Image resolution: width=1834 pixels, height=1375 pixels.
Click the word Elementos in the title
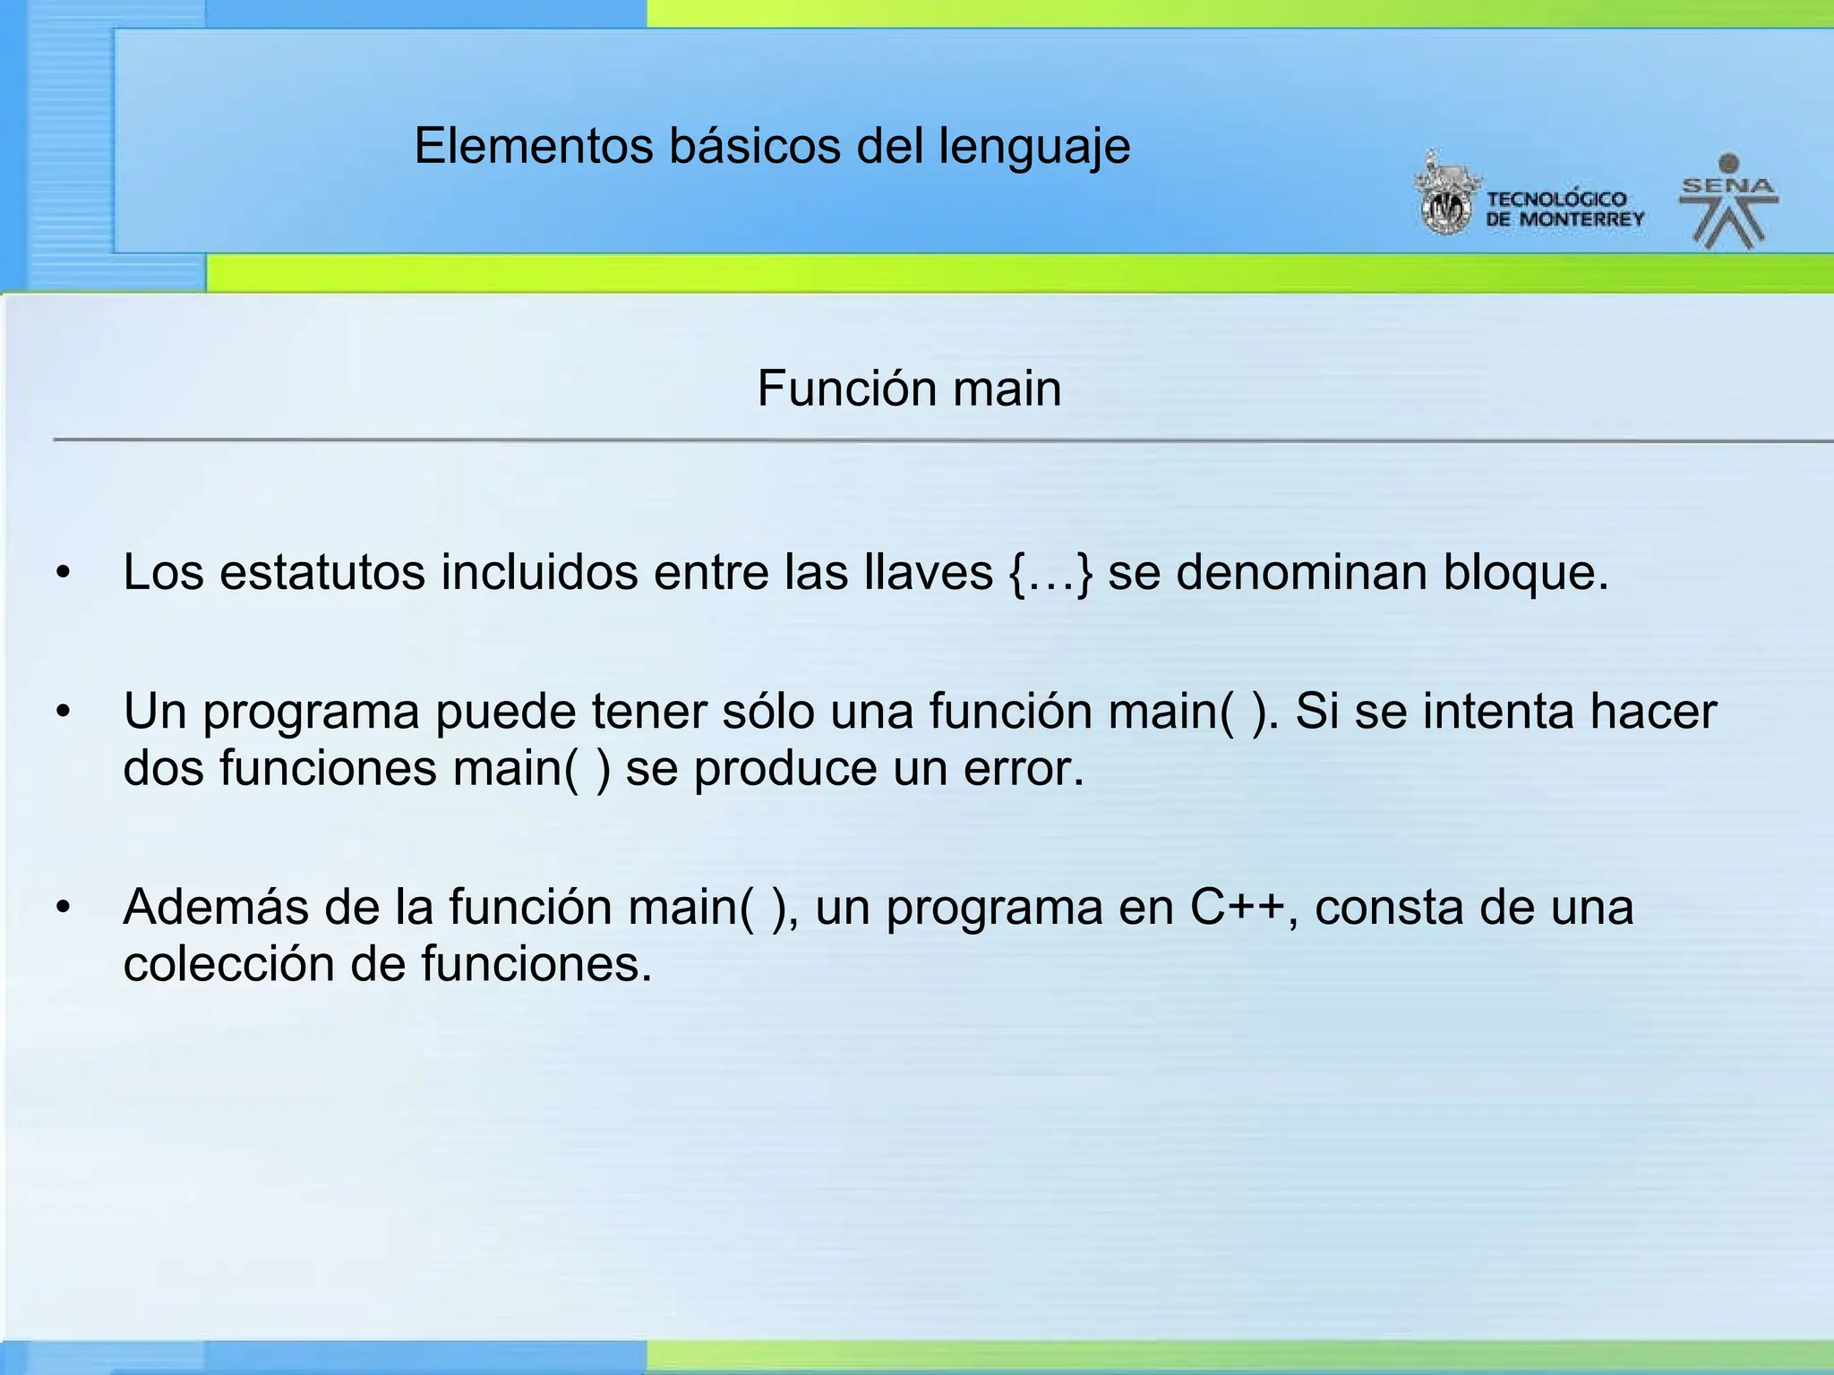click(534, 146)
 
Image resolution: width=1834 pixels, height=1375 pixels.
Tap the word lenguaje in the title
click(1034, 148)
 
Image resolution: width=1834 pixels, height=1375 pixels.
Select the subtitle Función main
click(909, 389)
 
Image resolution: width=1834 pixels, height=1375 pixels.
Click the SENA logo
click(1728, 201)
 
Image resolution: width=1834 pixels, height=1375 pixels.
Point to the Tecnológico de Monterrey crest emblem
click(1444, 195)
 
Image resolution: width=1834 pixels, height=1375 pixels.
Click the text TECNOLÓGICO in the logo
click(1556, 199)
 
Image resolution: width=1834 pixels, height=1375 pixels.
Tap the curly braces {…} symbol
click(1051, 573)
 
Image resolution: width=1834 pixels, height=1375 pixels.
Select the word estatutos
click(322, 573)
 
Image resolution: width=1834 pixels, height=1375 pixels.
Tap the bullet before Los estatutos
click(62, 573)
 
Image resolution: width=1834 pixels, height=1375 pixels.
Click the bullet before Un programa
click(62, 713)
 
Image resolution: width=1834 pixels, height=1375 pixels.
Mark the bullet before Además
click(62, 908)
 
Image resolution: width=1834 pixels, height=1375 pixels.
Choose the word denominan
click(1301, 573)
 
